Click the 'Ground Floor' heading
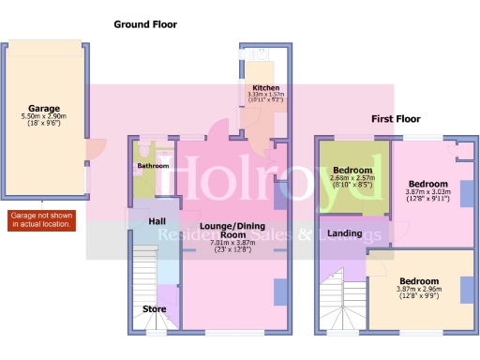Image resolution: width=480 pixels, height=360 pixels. point(145,23)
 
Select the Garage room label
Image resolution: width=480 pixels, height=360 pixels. point(44,108)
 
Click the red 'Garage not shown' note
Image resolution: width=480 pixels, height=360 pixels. point(41,220)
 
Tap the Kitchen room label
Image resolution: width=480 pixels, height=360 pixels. point(259,87)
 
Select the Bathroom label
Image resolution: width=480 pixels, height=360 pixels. point(153,166)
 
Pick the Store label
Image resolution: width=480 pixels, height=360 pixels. point(154,308)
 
